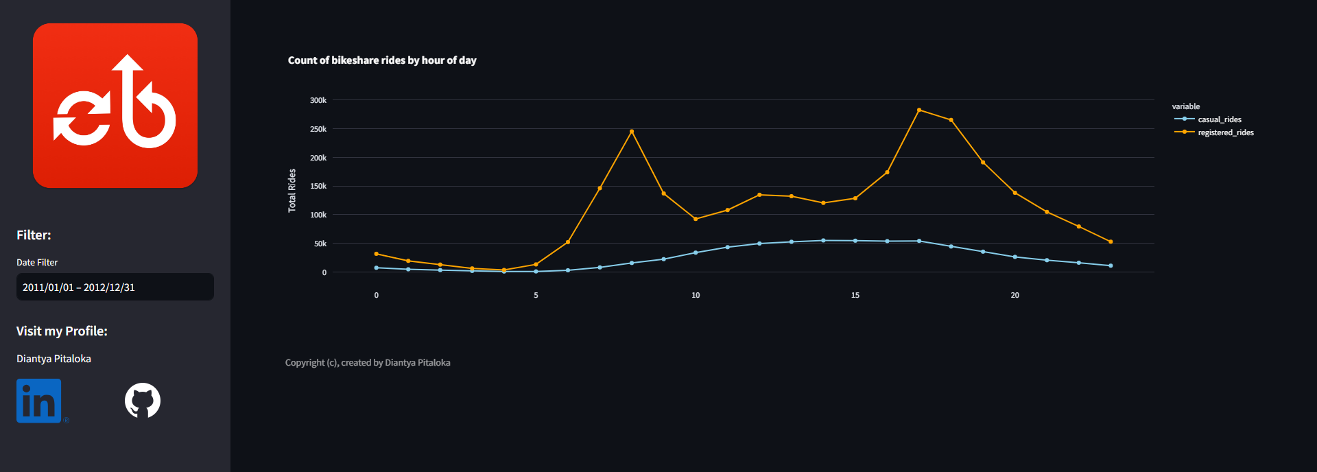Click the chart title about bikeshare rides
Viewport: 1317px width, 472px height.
point(382,60)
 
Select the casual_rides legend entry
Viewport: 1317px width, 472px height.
point(1219,119)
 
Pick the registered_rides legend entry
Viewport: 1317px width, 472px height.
point(1225,132)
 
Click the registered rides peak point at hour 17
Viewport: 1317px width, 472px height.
point(919,110)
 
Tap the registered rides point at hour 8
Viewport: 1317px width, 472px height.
point(632,131)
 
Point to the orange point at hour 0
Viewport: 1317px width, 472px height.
point(376,254)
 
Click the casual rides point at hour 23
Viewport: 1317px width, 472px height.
point(1111,265)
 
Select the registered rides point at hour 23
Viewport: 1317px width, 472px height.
point(1111,241)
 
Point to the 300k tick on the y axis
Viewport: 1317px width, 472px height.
point(318,100)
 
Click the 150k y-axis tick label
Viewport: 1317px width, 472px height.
point(318,186)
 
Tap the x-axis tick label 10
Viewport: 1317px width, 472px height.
point(696,295)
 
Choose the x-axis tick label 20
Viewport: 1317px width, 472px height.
point(1015,295)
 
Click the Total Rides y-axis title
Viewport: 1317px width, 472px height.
point(292,191)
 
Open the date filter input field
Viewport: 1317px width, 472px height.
point(115,287)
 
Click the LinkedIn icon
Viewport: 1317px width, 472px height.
point(39,401)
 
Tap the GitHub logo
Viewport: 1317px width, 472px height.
point(143,401)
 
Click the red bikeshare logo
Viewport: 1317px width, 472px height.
point(115,106)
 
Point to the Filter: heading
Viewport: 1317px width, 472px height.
point(34,235)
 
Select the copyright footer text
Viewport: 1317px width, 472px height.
point(368,363)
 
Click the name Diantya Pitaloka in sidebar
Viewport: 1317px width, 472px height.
point(54,359)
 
